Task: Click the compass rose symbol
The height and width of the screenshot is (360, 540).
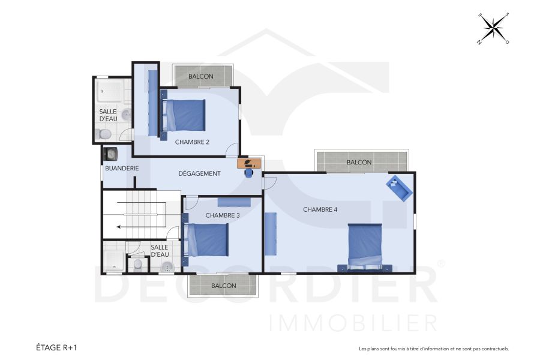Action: coord(493,28)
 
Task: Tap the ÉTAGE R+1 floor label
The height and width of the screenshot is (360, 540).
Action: coord(56,347)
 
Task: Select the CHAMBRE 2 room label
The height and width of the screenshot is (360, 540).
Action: coord(192,142)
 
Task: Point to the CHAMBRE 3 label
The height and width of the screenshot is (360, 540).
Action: coord(223,215)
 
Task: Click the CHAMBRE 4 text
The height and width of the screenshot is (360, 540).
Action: coord(320,209)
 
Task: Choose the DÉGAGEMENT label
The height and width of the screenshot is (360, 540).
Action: coord(200,173)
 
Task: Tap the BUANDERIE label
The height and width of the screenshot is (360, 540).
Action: coord(122,169)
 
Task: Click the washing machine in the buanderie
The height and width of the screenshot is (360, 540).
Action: coord(111,154)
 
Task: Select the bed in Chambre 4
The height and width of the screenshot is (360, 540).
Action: coord(365,246)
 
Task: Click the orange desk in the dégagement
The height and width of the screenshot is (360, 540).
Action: coord(249,163)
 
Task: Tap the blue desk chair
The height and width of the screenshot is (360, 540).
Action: coord(248,173)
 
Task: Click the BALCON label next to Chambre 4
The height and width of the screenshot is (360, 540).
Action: coord(359,163)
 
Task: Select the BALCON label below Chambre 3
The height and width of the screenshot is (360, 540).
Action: coord(223,286)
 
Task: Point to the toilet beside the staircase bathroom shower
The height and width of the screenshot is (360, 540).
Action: coord(138,263)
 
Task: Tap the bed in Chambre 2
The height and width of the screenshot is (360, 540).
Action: coord(184,115)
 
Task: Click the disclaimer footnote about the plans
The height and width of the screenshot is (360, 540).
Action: coord(433,349)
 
